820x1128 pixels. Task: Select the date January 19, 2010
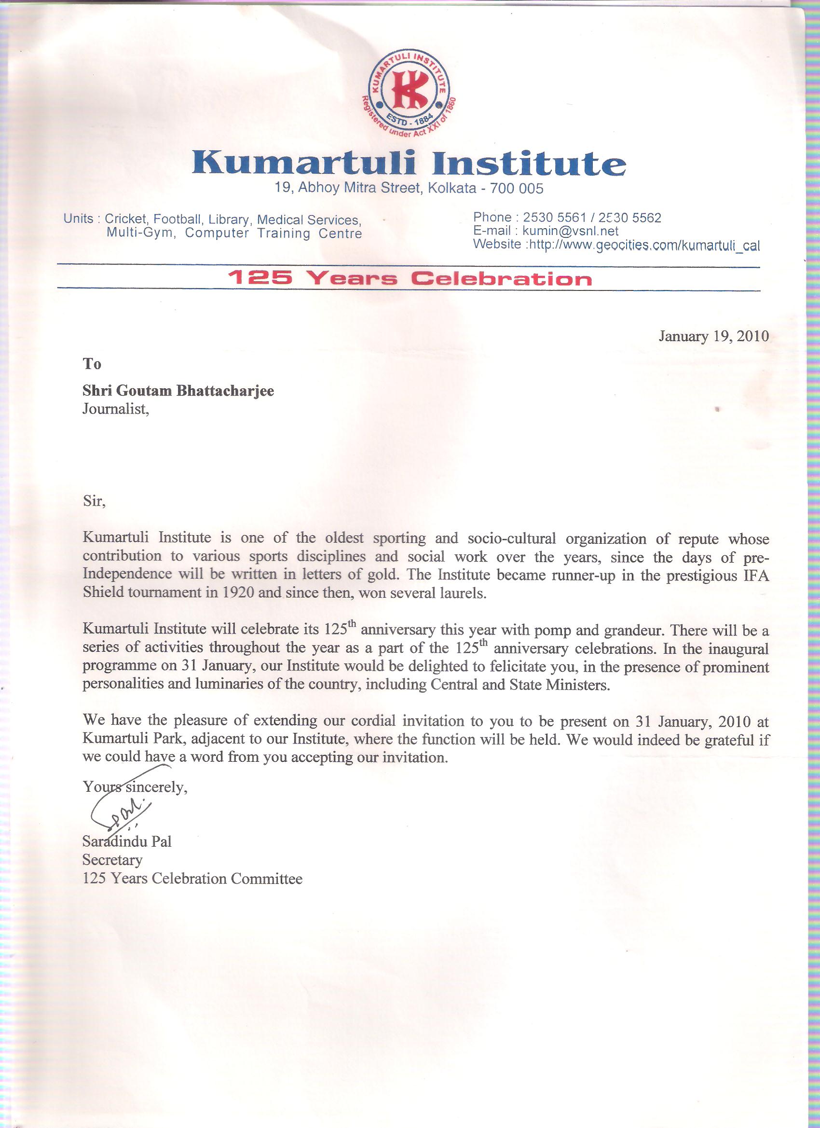713,336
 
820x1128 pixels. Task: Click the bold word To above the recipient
92,365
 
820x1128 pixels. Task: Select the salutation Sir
94,501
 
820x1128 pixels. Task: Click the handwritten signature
122,814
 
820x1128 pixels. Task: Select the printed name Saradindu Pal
127,842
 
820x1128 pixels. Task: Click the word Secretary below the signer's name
112,860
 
